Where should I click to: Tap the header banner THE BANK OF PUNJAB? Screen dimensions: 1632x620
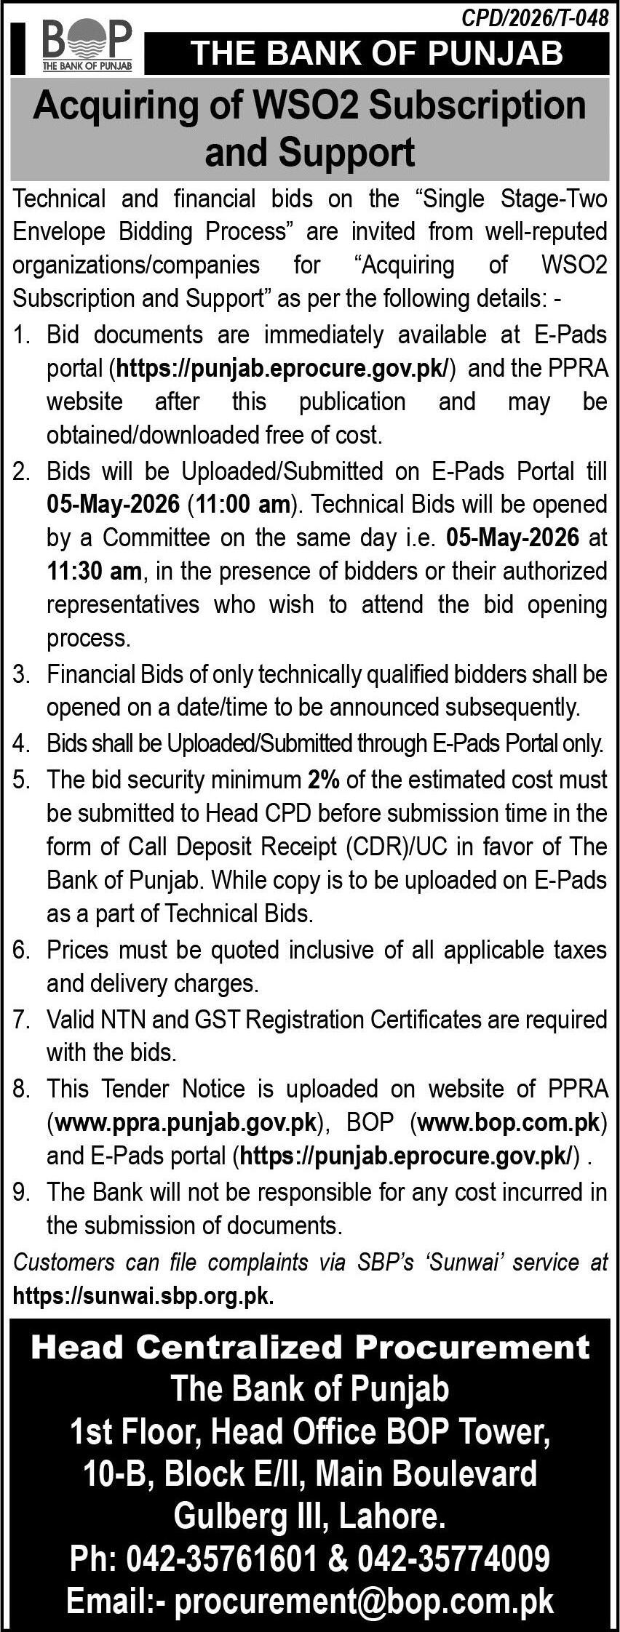click(x=376, y=53)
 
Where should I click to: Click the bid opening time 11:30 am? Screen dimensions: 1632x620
click(x=94, y=571)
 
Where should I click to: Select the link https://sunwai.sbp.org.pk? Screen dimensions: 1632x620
click(x=143, y=1296)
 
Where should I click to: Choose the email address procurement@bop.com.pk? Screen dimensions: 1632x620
click(x=363, y=1601)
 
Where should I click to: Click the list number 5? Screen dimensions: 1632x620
click(x=21, y=780)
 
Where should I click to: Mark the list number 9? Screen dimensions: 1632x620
click(x=21, y=1192)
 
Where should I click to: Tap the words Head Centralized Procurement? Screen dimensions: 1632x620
click(x=310, y=1347)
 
